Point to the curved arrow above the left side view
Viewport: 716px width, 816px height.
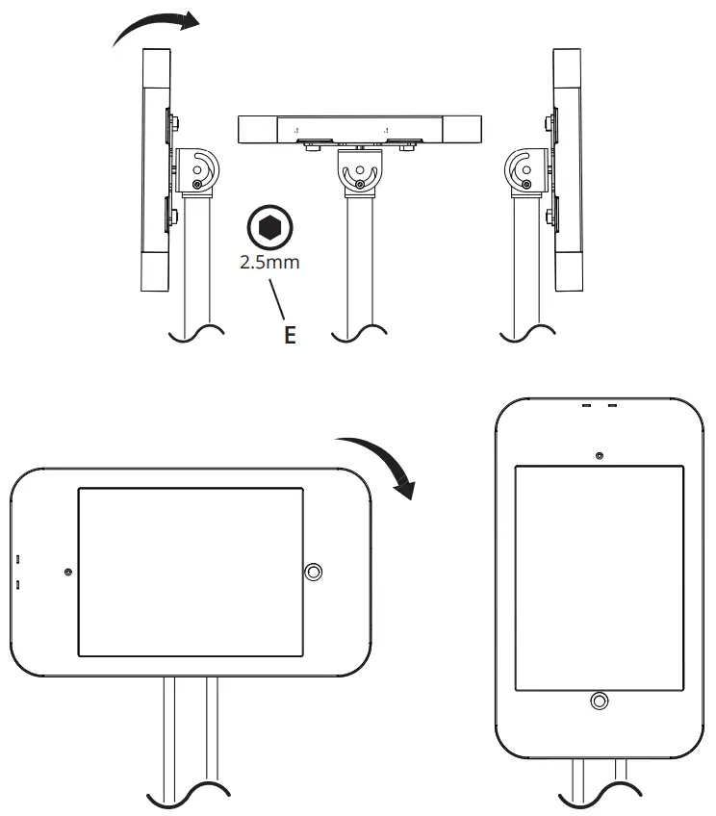[x=154, y=29]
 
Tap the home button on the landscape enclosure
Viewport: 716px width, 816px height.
[x=314, y=573]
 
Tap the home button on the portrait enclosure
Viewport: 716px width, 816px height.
[x=599, y=701]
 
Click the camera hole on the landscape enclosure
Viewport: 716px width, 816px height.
[x=67, y=573]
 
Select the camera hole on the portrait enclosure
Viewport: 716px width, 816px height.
[x=599, y=454]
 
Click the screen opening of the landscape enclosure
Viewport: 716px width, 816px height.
[x=191, y=572]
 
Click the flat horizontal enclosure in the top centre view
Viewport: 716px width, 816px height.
[x=360, y=128]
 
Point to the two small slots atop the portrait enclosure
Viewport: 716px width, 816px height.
[x=599, y=406]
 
